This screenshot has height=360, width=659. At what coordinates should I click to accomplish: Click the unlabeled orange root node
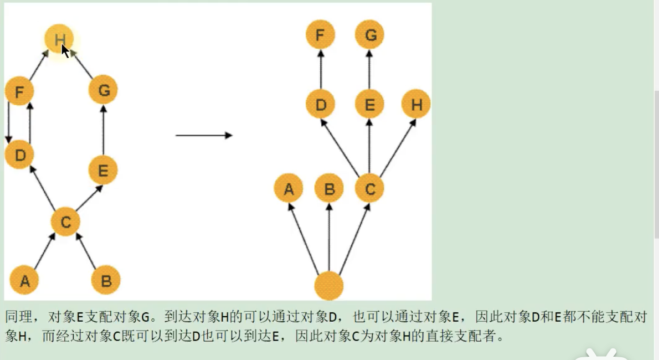pos(329,286)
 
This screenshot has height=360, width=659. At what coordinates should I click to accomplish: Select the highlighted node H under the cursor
pos(59,39)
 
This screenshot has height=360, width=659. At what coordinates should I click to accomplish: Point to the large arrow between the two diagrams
pos(204,135)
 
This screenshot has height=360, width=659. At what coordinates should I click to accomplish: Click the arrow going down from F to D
pos(8,123)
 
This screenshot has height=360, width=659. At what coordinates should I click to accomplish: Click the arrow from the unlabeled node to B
pos(329,238)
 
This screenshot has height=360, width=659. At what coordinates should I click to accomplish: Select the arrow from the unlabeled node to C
pos(354,238)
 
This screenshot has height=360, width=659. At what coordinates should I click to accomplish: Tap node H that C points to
pos(416,105)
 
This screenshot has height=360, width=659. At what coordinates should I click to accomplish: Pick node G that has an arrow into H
pos(104,90)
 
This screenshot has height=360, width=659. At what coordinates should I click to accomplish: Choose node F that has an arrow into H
pos(19,91)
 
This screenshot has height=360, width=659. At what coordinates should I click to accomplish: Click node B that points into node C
pos(106,281)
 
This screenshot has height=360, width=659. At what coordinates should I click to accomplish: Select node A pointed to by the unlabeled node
pos(289,189)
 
